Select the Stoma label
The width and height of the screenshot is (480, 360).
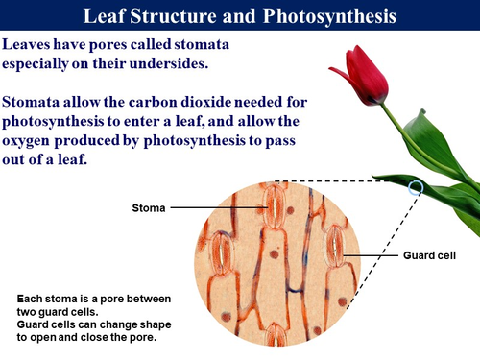click(149, 206)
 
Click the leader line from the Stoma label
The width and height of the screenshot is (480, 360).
click(221, 206)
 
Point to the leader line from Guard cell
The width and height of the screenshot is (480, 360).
click(370, 255)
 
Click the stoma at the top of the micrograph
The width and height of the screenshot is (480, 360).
click(276, 204)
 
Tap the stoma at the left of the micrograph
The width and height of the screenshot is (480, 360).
click(222, 253)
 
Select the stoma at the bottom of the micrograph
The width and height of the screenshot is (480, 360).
click(276, 335)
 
